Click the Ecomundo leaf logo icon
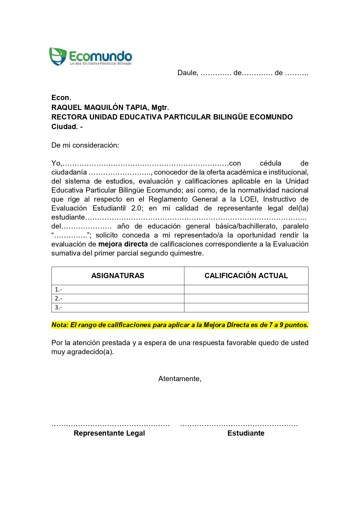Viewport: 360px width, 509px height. tap(58, 56)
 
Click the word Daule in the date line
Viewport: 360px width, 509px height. tap(187, 73)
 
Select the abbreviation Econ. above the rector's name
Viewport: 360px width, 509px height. tap(61, 98)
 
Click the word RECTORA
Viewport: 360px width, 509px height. tap(69, 117)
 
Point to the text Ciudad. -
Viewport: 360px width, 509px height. tap(67, 127)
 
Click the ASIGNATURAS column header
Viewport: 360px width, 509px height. tap(118, 276)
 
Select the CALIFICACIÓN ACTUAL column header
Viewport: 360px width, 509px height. tap(246, 276)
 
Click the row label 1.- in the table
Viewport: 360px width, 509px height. tap(58, 289)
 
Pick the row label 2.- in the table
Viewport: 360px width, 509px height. tap(58, 298)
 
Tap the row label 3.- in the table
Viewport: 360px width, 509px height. tap(58, 307)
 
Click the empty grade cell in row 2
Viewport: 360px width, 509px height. tap(246, 298)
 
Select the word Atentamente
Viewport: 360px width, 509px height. tap(180, 379)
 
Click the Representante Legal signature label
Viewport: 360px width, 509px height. tap(109, 433)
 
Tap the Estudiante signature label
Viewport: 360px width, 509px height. tap(246, 433)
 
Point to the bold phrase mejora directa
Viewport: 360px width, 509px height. tap(123, 244)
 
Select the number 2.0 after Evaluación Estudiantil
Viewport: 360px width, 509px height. tap(137, 208)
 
